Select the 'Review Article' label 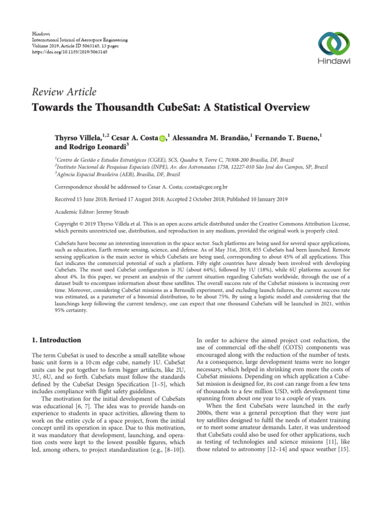pyautogui.click(x=64, y=92)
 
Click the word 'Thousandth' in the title pyautogui.click(x=118, y=107)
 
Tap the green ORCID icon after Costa pyautogui.click(x=163, y=136)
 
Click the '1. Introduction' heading pyautogui.click(x=56, y=340)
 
